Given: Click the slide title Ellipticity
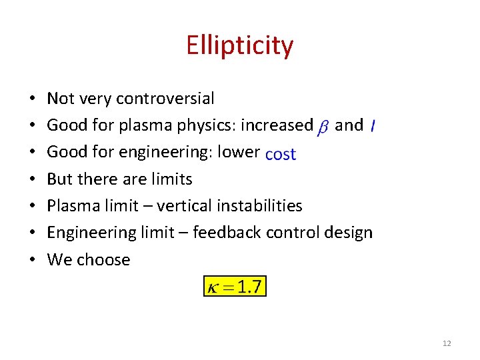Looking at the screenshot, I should [x=239, y=46].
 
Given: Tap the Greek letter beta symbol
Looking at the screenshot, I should [x=323, y=126].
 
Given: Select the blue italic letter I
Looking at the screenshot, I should [x=372, y=126].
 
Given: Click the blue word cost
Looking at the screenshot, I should [x=280, y=154].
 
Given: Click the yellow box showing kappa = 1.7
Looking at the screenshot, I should [x=235, y=287].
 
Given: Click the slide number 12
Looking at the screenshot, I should [x=446, y=343].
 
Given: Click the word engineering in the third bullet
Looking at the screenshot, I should [x=146, y=153].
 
